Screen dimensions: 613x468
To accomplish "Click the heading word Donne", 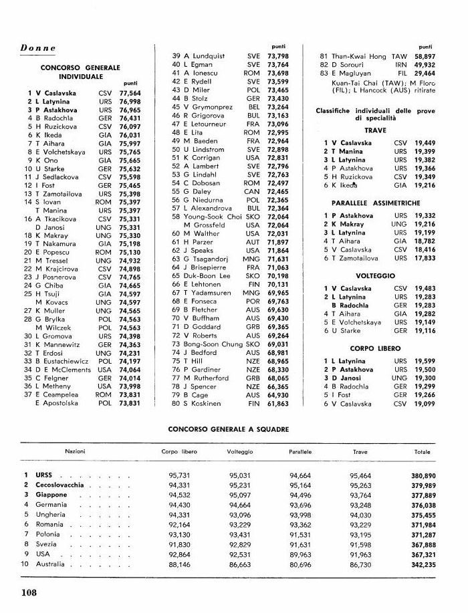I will (x=38, y=49).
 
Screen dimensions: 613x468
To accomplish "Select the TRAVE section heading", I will (x=375, y=130).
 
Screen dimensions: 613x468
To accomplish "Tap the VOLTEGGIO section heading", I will (x=375, y=275).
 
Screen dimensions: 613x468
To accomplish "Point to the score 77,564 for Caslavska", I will (x=130, y=93).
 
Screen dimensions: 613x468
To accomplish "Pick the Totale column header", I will (x=422, y=452).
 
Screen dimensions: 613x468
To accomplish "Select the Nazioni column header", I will (x=75, y=452).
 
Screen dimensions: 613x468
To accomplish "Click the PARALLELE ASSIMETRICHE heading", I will (x=375, y=203).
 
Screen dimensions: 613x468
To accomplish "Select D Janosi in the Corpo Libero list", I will (x=352, y=378).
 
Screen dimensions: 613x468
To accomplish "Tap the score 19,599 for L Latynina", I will (x=425, y=361).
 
